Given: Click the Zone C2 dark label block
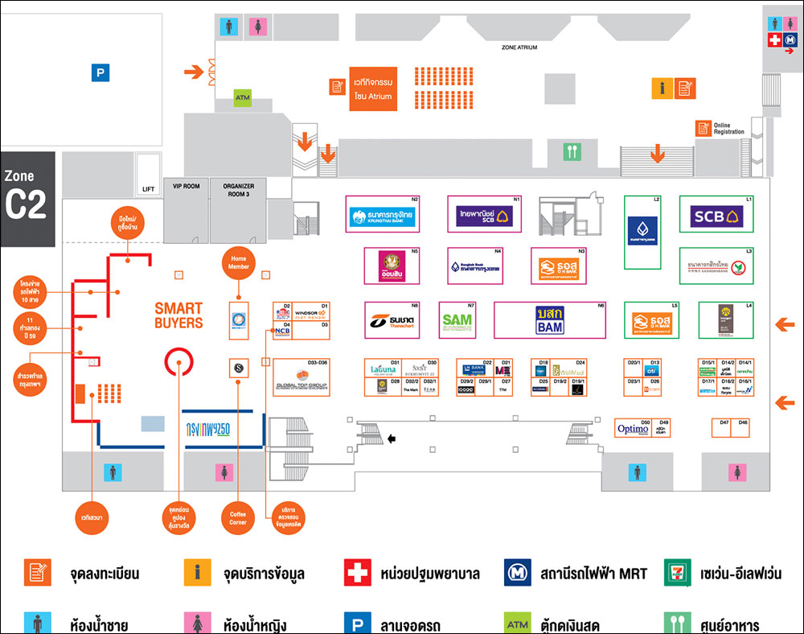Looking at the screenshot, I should (x=27, y=198).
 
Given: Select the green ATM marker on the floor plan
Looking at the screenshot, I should (x=243, y=98).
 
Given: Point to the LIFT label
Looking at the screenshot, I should (x=148, y=189).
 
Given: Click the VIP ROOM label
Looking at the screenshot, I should (x=186, y=186).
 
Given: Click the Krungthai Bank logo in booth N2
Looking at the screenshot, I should (x=383, y=216).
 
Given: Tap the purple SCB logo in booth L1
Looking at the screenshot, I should (x=717, y=216).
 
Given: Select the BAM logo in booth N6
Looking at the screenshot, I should (x=549, y=320).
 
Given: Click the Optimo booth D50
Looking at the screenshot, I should (x=633, y=429).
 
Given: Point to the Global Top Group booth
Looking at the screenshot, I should (x=301, y=378).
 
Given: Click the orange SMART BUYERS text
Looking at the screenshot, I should (x=178, y=315).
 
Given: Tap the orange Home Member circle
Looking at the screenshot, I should (x=239, y=263).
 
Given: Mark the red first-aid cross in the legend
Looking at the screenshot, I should (x=357, y=574).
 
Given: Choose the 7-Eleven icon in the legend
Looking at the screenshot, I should (x=679, y=574).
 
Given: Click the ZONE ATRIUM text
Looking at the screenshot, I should (x=519, y=48).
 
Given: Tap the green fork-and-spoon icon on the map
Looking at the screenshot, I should (x=572, y=150).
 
